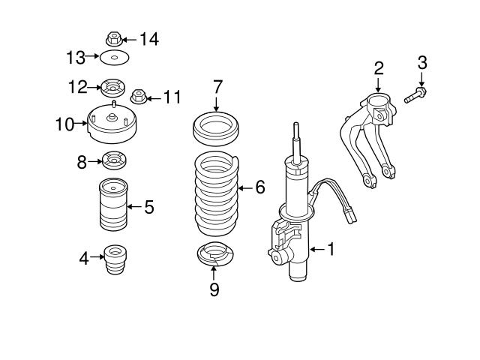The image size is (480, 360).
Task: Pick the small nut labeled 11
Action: (x=137, y=96)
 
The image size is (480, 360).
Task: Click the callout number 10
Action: (x=65, y=123)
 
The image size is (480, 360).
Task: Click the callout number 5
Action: (x=148, y=207)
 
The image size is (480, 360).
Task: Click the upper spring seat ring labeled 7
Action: (x=216, y=127)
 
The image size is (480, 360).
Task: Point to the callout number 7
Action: (x=217, y=87)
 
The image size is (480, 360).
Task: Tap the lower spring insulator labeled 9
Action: (x=214, y=256)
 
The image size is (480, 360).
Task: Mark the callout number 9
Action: (x=214, y=289)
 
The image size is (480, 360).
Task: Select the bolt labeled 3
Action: (x=414, y=96)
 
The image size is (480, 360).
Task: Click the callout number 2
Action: (x=379, y=68)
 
